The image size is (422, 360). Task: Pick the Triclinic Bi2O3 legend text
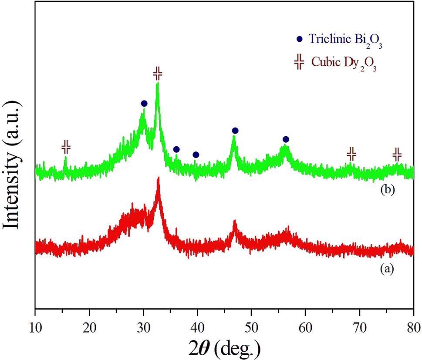tap(346, 39)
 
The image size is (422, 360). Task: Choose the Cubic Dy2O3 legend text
tap(344, 63)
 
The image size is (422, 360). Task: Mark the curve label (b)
tap(386, 190)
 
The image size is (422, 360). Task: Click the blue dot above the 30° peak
tap(144, 104)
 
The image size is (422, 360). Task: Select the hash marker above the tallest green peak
tap(158, 74)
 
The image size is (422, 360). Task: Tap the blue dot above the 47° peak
tap(235, 131)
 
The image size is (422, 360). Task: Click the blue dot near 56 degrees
tap(286, 139)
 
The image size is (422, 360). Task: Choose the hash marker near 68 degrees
tap(351, 153)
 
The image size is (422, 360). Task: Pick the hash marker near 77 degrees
tap(397, 154)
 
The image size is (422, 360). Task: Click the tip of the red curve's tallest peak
tap(159, 178)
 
